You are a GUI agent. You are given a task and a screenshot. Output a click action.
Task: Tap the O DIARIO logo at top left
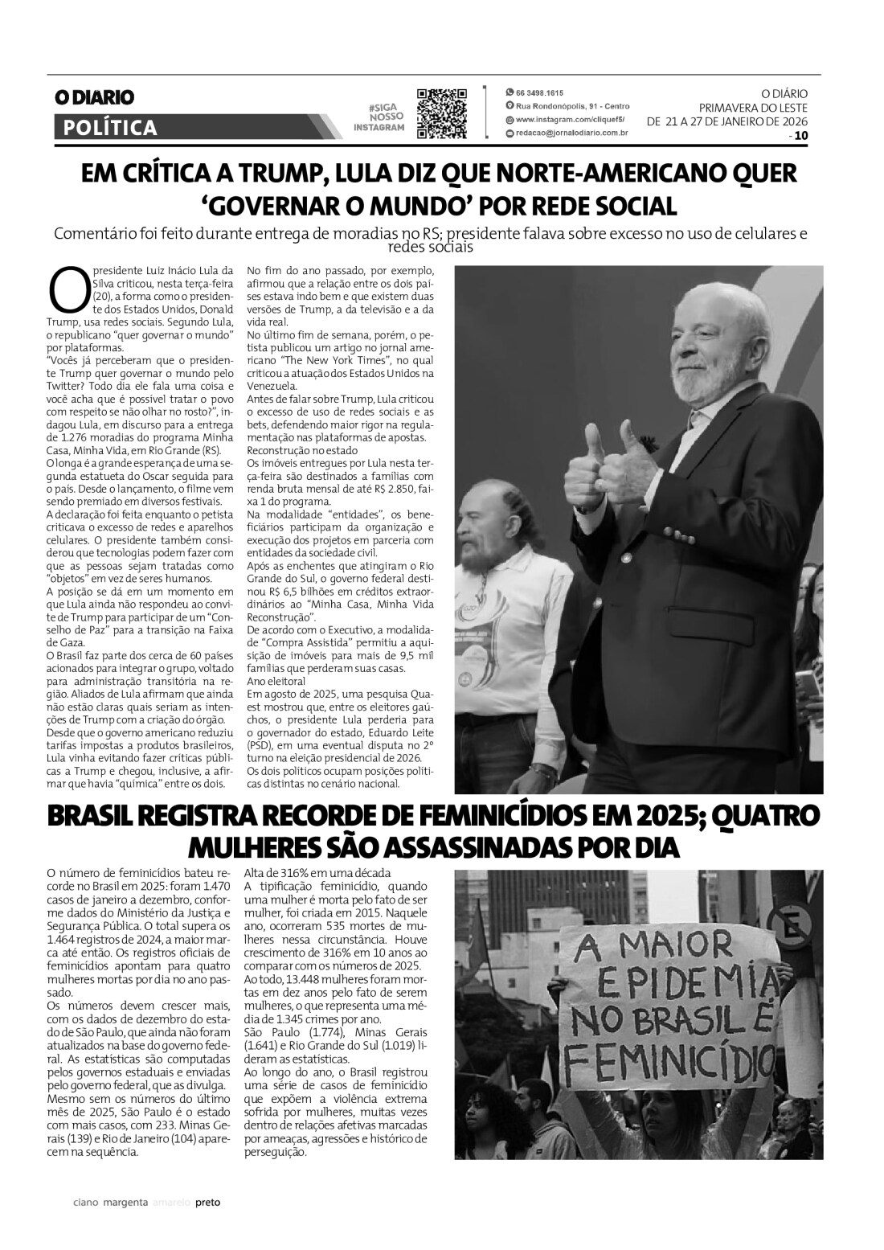coord(94,97)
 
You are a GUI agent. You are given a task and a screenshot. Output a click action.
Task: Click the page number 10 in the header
coord(800,136)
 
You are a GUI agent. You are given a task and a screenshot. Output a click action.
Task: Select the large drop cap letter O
coord(68,290)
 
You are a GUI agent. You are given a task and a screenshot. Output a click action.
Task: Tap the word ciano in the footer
coord(85,1203)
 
